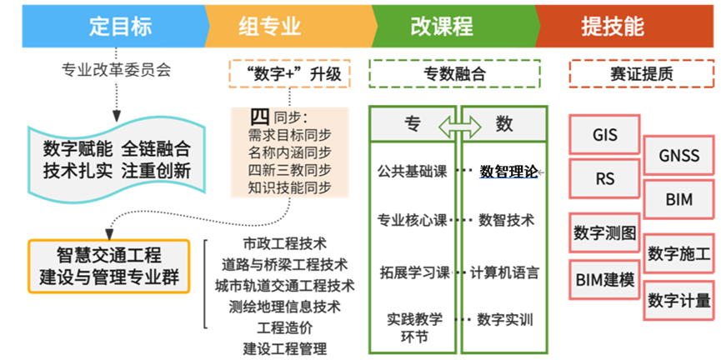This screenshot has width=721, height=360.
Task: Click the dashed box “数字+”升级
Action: (289, 73)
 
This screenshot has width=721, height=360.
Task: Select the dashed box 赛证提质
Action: (642, 73)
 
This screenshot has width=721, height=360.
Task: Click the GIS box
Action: (605, 134)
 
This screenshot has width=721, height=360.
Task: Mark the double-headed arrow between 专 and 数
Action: (460, 125)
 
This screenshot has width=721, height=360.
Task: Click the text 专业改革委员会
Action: (117, 70)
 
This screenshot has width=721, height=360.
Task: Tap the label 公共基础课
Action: (412, 172)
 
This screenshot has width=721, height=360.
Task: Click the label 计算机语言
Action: (504, 272)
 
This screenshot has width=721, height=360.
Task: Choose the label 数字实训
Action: (505, 319)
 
